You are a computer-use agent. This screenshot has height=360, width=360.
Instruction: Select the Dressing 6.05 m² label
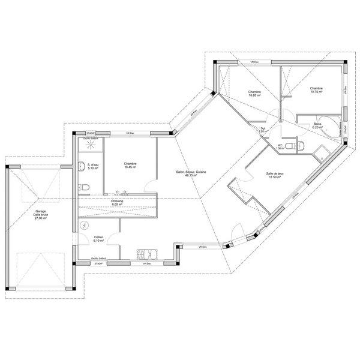pos(117,203)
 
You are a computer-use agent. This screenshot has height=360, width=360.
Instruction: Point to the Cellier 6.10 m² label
pos(98,238)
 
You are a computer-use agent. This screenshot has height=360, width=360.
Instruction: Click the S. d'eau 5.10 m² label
pos(93,166)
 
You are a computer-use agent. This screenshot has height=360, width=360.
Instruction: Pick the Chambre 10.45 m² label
pos(130,165)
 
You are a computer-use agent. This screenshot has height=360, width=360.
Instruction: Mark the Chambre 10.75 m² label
pos(316,90)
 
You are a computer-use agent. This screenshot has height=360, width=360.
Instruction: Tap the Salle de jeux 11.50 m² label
pos(275,175)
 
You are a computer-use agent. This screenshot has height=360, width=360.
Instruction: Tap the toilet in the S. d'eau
pos(85,188)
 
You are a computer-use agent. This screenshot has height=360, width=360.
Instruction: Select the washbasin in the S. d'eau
pos(80,166)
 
